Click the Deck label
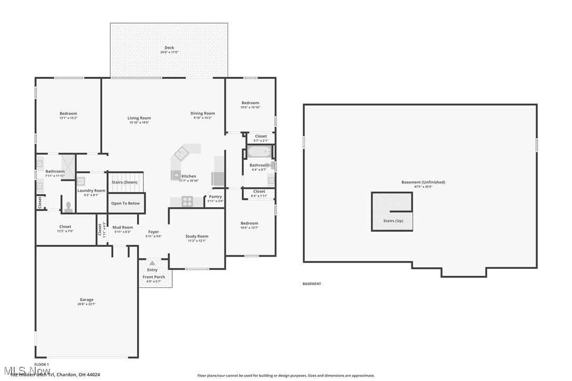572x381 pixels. [169, 48]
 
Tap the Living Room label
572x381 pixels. [139, 118]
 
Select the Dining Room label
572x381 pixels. [203, 113]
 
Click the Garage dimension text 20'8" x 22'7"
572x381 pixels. [86, 304]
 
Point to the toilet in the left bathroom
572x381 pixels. [68, 207]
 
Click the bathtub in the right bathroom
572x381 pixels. [259, 153]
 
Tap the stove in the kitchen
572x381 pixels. [187, 201]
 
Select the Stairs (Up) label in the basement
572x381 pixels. [393, 220]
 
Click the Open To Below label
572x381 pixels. [126, 203]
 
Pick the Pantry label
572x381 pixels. [215, 197]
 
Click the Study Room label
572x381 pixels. [197, 236]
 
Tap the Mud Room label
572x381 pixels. [123, 227]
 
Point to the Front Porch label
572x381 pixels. [154, 277]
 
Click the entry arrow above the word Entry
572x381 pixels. [152, 263]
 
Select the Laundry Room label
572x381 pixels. [92, 190]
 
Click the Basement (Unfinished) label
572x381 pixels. [423, 182]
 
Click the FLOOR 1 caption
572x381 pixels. [42, 364]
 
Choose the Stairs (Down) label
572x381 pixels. [124, 182]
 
